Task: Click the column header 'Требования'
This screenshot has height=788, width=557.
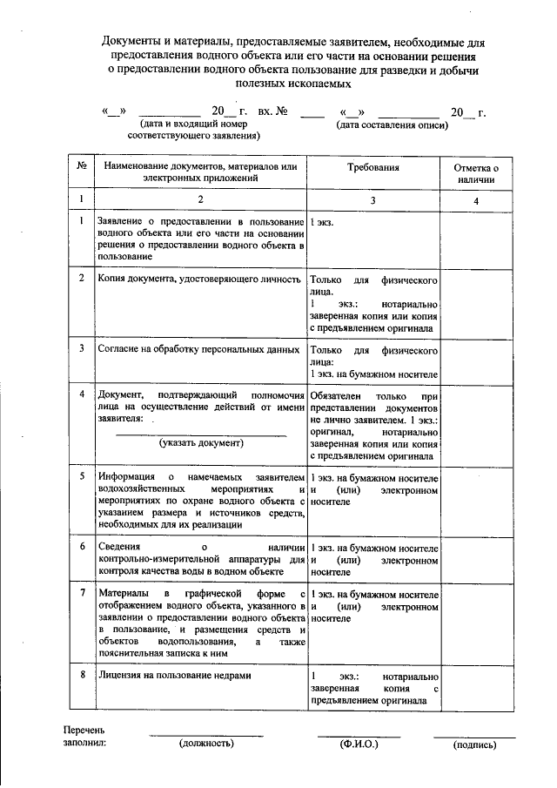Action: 373,166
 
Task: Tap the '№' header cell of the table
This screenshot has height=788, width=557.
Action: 81,166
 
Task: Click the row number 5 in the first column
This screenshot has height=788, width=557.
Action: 81,477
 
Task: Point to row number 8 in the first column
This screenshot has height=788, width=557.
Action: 81,675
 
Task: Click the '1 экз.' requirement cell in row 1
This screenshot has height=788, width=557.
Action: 322,222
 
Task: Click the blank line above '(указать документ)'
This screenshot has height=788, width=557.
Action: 200,433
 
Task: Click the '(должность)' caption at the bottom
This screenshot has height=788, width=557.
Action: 206,744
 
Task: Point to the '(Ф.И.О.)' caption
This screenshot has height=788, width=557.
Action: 358,744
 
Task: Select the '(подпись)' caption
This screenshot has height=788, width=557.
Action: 474,744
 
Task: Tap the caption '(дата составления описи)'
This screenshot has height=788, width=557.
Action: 393,125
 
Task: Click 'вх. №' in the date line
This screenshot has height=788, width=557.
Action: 272,111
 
